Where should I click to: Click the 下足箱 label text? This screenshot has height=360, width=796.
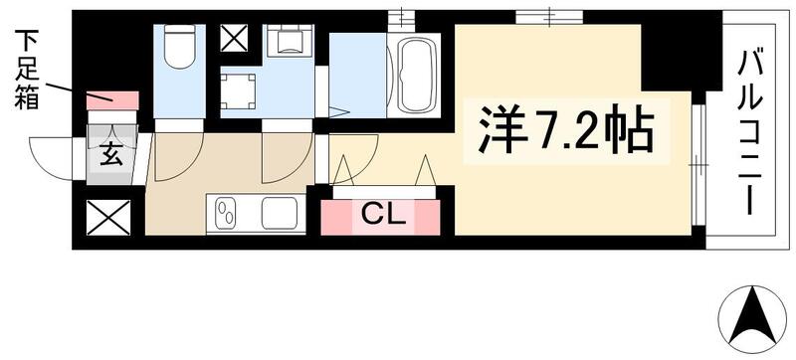pos(27,71)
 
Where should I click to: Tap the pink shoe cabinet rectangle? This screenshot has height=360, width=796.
pos(111,99)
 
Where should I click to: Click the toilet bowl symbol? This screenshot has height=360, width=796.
pos(180,47)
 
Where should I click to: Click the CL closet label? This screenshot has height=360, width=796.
pos(381,214)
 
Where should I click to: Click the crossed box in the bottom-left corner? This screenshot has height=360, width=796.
pos(106,217)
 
